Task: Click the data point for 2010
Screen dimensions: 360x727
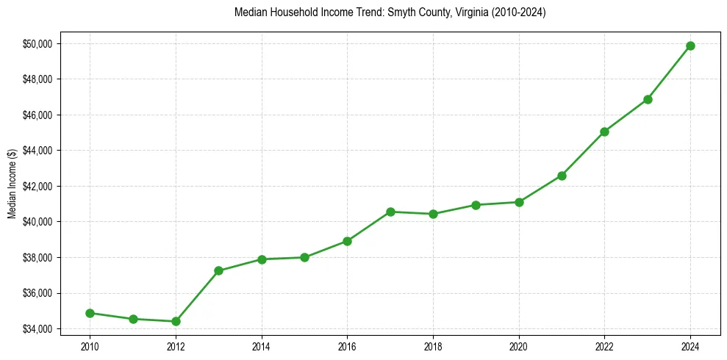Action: [90, 313]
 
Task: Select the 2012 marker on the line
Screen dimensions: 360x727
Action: [176, 321]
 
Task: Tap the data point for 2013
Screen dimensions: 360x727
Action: [218, 270]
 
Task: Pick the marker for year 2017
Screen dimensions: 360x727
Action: [390, 212]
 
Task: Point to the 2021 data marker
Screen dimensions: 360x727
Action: [562, 176]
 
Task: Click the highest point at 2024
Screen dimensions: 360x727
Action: [690, 46]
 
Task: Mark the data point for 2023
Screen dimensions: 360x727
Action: [648, 99]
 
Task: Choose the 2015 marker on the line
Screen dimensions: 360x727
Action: [304, 257]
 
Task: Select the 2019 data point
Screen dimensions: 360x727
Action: [476, 205]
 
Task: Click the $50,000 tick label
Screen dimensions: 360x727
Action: [37, 43]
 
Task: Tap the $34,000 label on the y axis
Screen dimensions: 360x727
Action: [37, 328]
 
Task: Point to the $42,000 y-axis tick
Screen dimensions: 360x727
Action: [37, 186]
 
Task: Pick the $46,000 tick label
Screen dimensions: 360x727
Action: [37, 115]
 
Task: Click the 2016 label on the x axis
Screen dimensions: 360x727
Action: [347, 345]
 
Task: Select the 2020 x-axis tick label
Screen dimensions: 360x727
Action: [519, 345]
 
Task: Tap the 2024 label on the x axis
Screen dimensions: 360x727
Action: [690, 345]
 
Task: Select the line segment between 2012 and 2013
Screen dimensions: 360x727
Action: [197, 296]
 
